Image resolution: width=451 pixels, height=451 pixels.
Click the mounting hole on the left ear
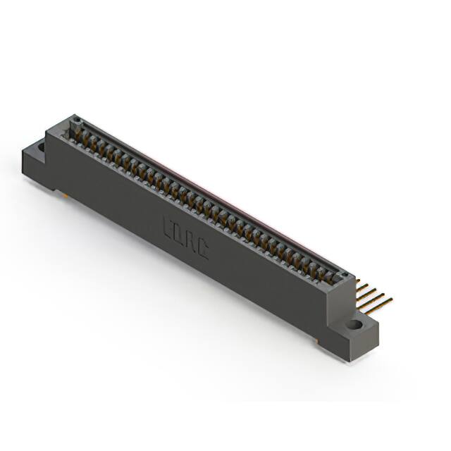point(40,147)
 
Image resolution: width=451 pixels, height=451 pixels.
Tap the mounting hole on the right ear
point(354,325)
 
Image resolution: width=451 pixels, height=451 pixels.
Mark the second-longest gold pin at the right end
point(373,297)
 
